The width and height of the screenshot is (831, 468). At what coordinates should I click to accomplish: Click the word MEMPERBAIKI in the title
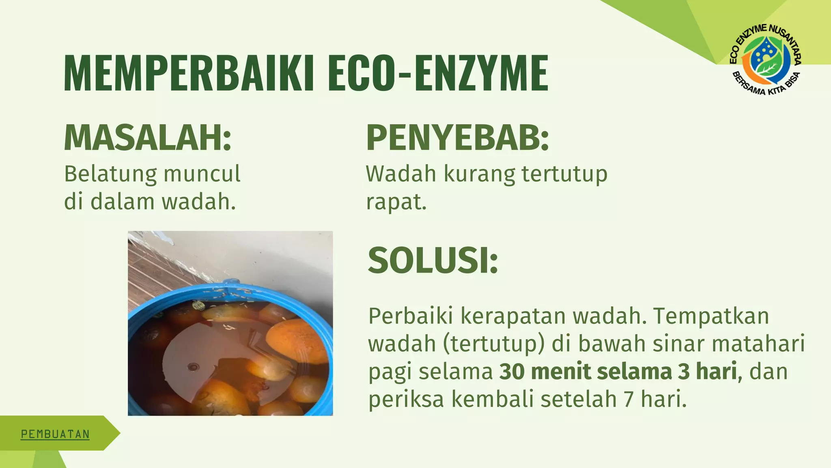click(189, 74)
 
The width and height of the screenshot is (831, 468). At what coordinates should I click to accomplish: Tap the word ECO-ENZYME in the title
click(438, 74)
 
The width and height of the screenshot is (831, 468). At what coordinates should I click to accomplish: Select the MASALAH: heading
click(148, 138)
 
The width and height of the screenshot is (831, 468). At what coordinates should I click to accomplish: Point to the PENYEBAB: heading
click(457, 138)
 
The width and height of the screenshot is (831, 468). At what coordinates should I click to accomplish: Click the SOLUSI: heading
click(433, 260)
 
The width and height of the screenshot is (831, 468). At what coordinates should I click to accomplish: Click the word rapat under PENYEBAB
click(396, 202)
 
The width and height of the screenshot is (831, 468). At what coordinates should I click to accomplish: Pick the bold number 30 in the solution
click(512, 371)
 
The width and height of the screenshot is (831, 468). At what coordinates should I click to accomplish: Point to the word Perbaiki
click(410, 316)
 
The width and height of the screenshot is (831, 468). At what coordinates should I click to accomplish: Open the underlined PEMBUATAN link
click(55, 434)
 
